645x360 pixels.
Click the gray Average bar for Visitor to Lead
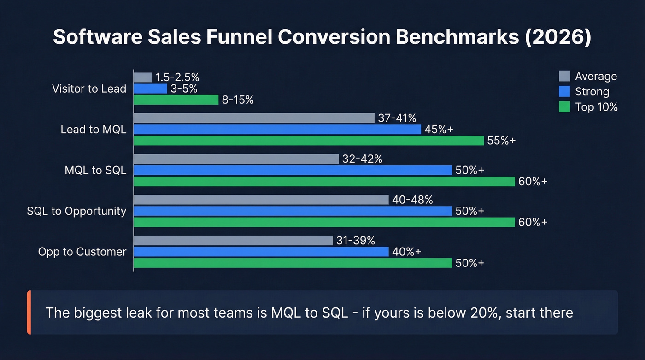coord(143,77)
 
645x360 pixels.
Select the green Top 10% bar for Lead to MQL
coord(309,141)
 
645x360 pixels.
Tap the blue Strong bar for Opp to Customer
coord(261,252)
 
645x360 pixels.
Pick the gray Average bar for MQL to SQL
coord(236,159)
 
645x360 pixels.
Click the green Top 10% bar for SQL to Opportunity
coord(324,222)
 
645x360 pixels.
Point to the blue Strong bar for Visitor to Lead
coord(151,89)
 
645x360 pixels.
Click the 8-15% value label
coord(238,100)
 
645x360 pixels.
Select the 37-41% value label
coord(397,118)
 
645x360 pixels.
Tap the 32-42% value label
coord(362,159)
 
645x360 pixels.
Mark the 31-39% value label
coord(355,240)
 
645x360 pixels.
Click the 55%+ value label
coord(501,141)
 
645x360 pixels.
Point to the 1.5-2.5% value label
coord(177,77)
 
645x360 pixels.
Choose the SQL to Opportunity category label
coord(76,211)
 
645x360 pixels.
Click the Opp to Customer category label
coord(82,252)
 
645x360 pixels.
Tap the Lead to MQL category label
coord(94,130)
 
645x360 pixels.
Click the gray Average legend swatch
coord(564,76)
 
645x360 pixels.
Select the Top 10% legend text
coord(596,107)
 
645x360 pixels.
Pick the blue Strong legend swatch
coord(564,91)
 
